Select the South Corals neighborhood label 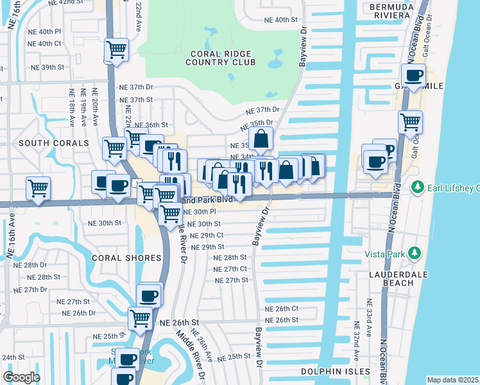[x=45, y=142]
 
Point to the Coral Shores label [x=126, y=258]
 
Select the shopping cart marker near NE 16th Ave [x=38, y=188]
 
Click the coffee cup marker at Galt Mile [x=414, y=76]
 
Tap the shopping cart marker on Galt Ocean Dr [x=410, y=121]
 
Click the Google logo [x=21, y=377]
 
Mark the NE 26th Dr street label [x=79, y=313]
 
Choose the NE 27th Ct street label [x=231, y=269]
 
